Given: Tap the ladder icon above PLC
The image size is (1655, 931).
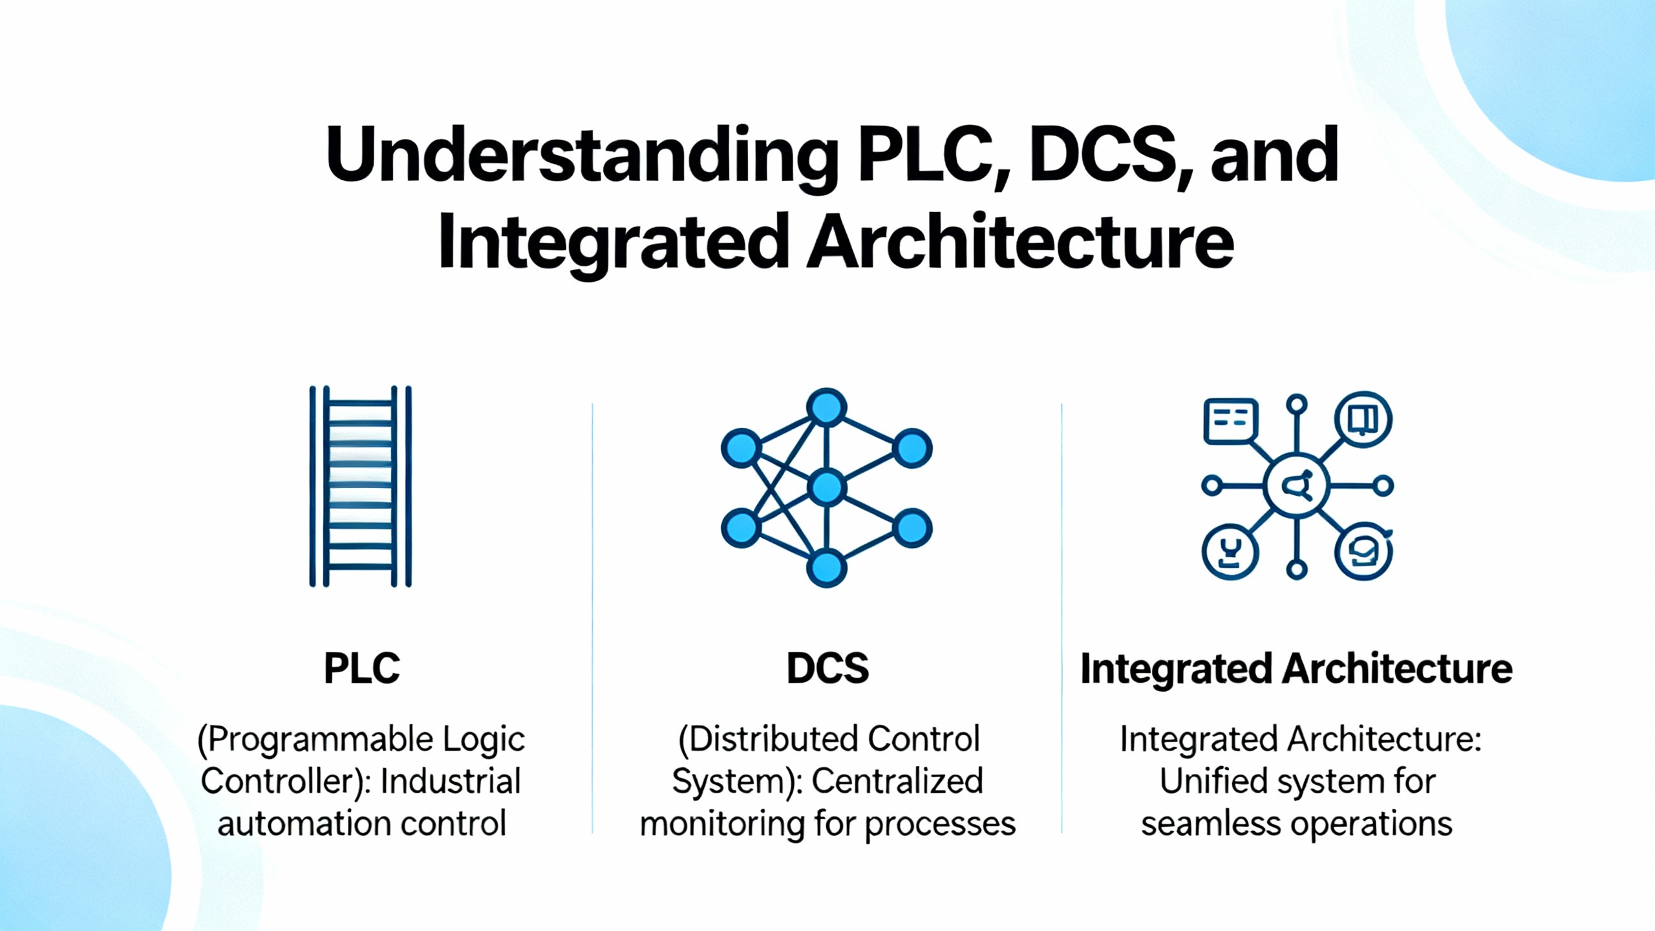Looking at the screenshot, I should pyautogui.click(x=360, y=486).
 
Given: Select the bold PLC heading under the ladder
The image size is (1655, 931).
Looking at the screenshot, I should pyautogui.click(x=362, y=669).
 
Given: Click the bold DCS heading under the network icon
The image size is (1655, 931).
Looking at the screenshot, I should pyautogui.click(x=827, y=669).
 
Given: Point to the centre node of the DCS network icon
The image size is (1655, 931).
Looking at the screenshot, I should pyautogui.click(x=827, y=487).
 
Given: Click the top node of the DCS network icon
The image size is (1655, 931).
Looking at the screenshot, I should pyautogui.click(x=827, y=407).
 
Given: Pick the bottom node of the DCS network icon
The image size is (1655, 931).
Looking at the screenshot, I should pyautogui.click(x=827, y=568).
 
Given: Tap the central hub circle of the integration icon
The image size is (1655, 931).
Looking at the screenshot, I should pyautogui.click(x=1296, y=486).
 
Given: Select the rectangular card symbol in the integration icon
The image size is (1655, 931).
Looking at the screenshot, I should pyautogui.click(x=1231, y=421).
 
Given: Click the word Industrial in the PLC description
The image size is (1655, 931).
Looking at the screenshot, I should pyautogui.click(x=451, y=781).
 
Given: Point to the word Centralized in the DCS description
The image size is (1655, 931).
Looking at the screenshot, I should pyautogui.click(x=897, y=781).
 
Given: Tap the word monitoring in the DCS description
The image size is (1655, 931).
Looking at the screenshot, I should pyautogui.click(x=721, y=824).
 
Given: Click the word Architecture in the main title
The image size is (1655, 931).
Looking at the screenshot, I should pyautogui.click(x=1020, y=242).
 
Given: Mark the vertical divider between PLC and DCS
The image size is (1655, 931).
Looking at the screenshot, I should pyautogui.click(x=592, y=617).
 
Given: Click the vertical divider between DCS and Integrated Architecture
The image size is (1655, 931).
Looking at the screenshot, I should pyautogui.click(x=1062, y=617).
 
